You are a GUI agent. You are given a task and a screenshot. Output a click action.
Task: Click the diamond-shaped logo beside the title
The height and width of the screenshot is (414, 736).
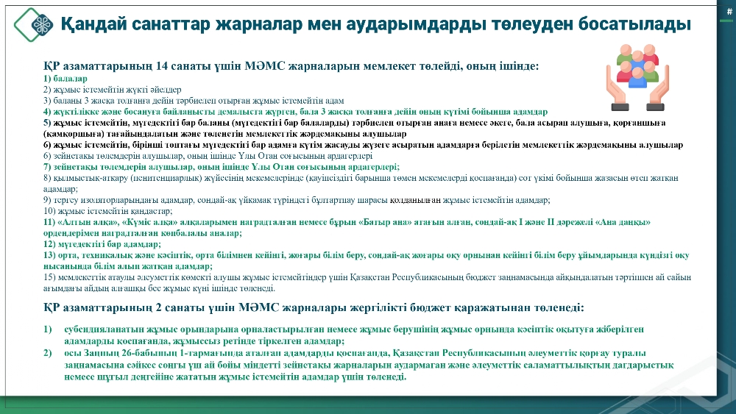tap(33, 25)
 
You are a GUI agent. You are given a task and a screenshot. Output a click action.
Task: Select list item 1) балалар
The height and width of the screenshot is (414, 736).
tap(66, 78)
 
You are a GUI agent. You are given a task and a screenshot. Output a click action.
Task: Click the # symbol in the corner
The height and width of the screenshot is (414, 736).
tap(729, 12)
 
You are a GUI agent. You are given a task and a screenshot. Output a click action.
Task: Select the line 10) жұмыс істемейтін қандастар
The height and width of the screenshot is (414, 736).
tap(108, 211)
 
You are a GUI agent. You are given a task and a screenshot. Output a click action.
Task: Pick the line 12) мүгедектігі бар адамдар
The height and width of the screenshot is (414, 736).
tap(102, 244)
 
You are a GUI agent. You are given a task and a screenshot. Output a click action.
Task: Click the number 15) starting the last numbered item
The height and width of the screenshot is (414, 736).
tap(49, 277)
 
